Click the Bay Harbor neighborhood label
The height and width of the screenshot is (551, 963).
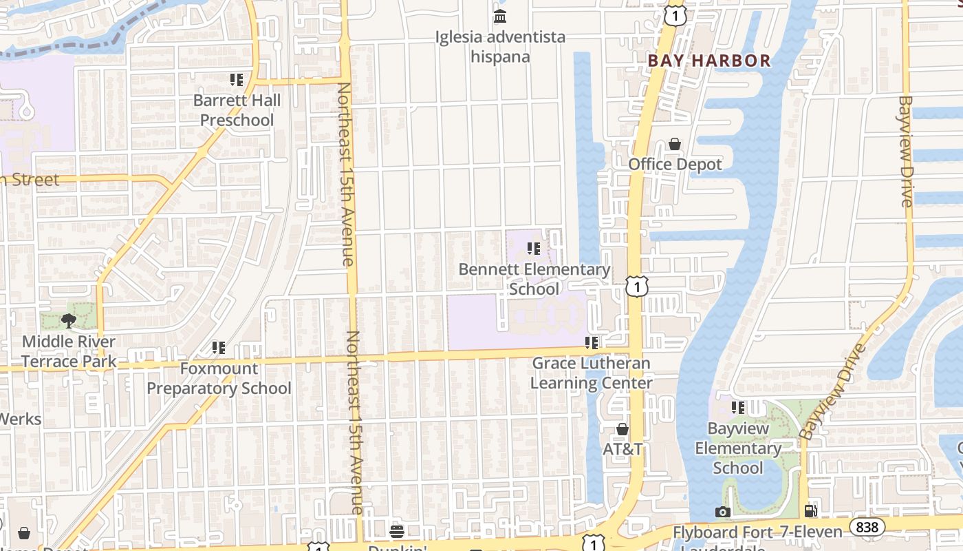coord(709,61)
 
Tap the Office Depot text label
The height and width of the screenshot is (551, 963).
coord(675,165)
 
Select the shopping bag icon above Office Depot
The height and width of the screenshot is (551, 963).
coord(675,144)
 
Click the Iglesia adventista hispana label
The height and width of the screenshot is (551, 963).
coord(500,46)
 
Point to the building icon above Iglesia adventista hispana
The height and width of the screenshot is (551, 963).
coord(500,16)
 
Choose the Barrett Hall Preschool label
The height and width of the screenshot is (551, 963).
coord(237,110)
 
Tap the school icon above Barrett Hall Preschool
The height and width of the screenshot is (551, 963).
coord(237,80)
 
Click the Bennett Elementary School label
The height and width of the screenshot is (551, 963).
coord(534,279)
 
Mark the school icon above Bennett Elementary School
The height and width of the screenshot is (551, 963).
coord(534,249)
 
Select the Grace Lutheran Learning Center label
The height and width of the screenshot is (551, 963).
coord(592,373)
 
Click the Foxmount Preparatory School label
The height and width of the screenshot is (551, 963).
coord(219,378)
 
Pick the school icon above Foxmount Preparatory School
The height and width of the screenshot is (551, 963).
coord(219,348)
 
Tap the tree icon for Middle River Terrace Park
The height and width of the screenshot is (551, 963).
coord(68,320)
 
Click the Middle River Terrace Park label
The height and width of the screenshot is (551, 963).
coord(68,351)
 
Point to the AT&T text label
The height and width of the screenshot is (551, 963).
coord(623,449)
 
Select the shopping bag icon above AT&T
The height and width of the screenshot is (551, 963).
coord(623,429)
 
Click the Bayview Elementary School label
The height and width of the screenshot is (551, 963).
coord(738,448)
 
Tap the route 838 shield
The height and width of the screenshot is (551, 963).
coord(867,527)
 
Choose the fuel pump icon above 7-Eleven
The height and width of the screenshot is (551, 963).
coord(812,511)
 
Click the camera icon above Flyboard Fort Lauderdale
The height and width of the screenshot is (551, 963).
coord(722,512)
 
